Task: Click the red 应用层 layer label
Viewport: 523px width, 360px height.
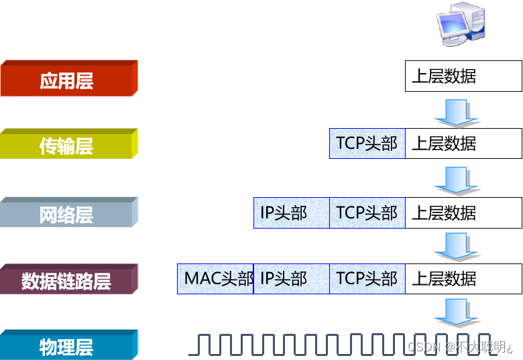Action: pos(67,80)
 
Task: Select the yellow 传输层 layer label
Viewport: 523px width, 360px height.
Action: pos(67,145)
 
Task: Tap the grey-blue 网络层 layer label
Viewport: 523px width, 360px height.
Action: pos(67,214)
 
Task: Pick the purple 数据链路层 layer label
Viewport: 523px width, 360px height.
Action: pos(67,280)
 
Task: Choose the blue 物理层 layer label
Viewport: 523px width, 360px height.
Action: pos(67,347)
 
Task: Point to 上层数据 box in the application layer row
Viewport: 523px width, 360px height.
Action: pos(463,76)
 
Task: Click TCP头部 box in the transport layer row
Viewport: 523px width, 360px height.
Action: pos(367,143)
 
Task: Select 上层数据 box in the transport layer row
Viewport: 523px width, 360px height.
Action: pos(463,143)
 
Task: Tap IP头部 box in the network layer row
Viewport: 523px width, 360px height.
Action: pos(292,213)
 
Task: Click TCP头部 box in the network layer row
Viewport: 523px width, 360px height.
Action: pos(367,213)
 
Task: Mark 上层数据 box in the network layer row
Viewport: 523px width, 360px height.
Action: pos(463,213)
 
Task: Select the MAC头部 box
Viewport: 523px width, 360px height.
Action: pos(215,278)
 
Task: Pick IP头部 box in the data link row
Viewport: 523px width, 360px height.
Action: pos(292,278)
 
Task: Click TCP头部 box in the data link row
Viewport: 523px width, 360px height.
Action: pos(367,278)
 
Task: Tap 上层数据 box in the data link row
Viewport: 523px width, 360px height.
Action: pos(463,278)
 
